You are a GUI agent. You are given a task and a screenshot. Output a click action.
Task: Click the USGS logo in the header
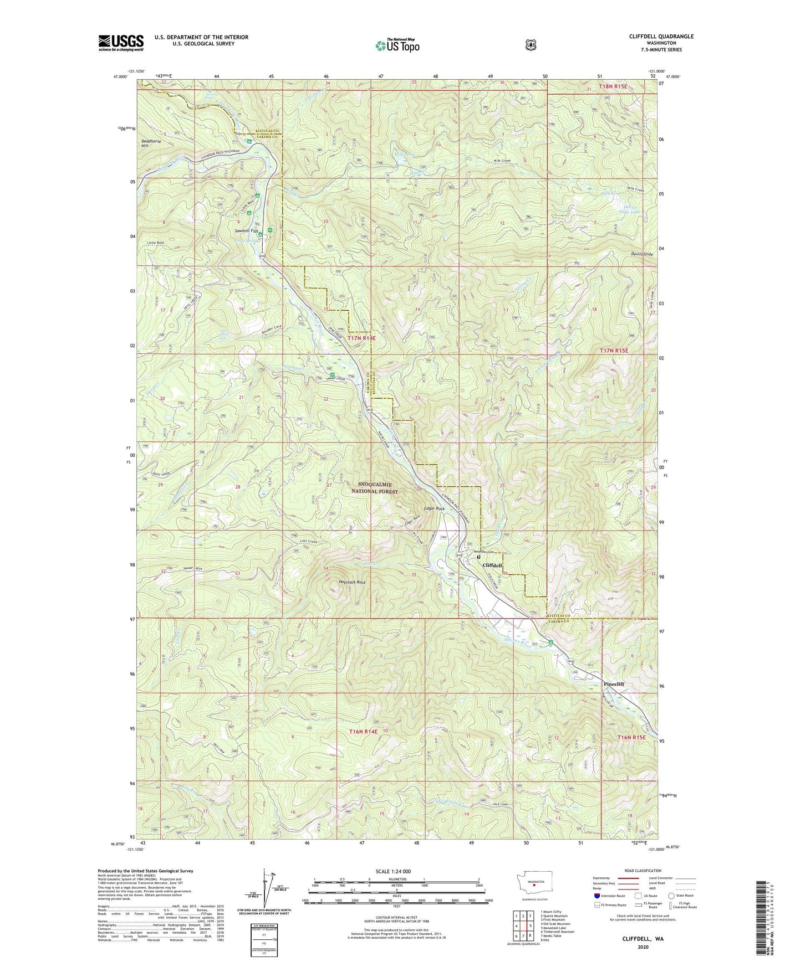(121, 43)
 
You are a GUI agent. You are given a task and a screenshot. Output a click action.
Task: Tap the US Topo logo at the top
(396, 45)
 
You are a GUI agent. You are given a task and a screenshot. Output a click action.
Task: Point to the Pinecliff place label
(613, 684)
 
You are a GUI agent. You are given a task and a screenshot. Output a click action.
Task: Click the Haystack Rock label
(353, 583)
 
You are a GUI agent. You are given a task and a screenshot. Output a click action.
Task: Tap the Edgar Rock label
(433, 508)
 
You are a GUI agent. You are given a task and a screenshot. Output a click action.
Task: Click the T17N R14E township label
(361, 338)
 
